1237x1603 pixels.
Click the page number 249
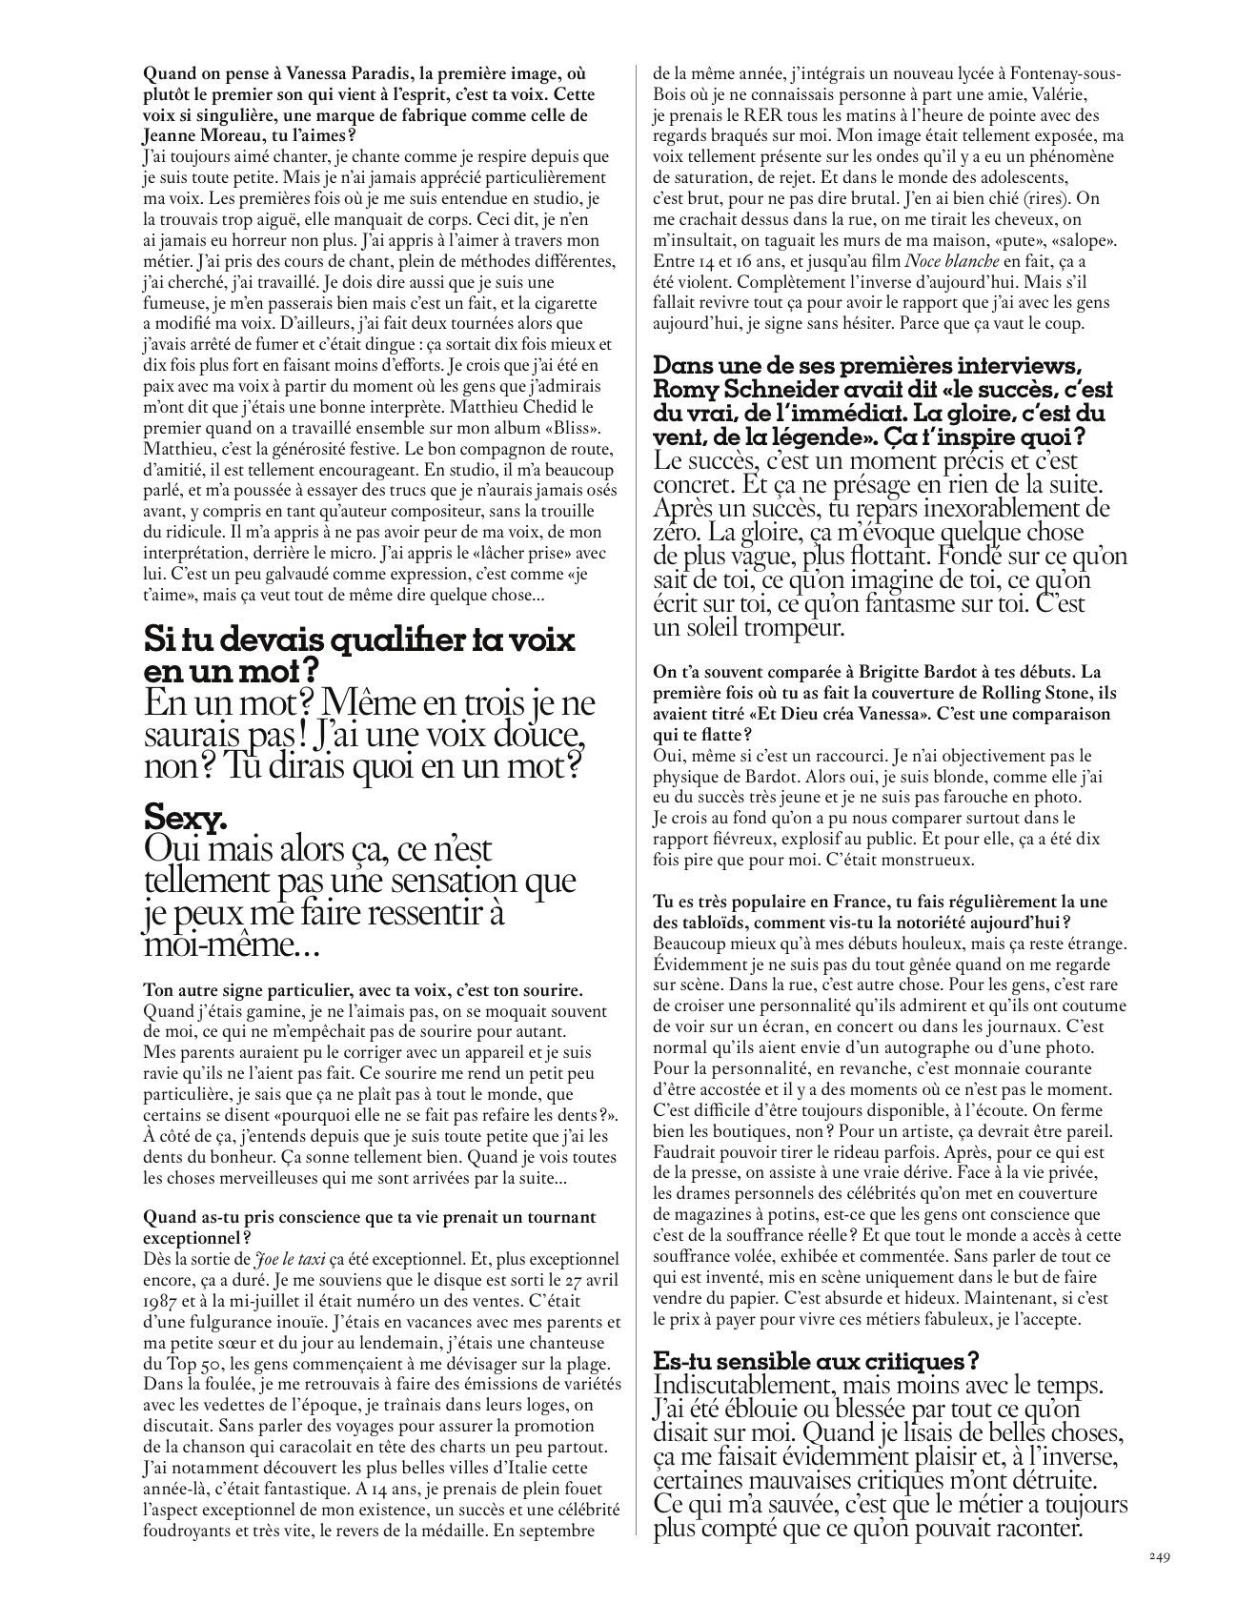coord(1157,1556)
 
